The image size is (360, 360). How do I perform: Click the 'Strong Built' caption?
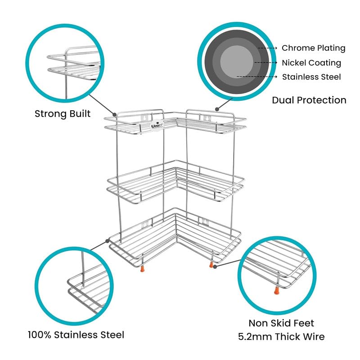tap(63, 113)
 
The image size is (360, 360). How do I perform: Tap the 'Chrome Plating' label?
tap(313, 48)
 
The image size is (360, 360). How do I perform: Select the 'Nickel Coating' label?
tap(311, 63)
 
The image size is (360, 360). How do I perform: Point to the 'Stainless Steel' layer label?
tap(311, 77)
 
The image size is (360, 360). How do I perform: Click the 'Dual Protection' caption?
tap(309, 100)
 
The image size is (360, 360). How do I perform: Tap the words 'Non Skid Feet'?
tap(281, 323)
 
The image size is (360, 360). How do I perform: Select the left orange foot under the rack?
tap(144, 269)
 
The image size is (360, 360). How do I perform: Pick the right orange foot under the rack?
tap(211, 265)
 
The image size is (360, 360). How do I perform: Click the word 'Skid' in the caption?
tap(283, 323)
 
